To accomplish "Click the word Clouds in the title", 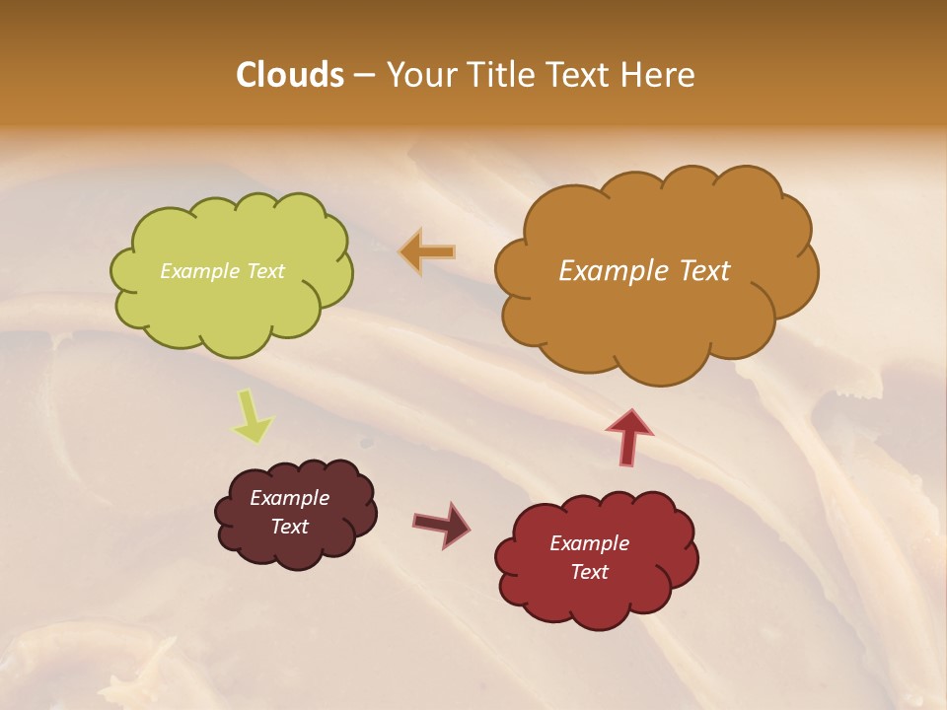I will coord(289,75).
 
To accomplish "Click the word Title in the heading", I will coord(502,75).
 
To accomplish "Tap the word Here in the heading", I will coord(658,75).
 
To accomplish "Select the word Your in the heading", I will coord(422,75).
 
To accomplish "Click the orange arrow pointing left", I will coord(428,251).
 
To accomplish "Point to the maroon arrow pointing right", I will coord(442,524).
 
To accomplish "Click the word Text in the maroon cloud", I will coord(290,527).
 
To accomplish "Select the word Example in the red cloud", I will coord(589,543).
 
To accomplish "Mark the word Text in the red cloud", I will coord(590,572).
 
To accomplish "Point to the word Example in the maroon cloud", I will coord(289,498).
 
